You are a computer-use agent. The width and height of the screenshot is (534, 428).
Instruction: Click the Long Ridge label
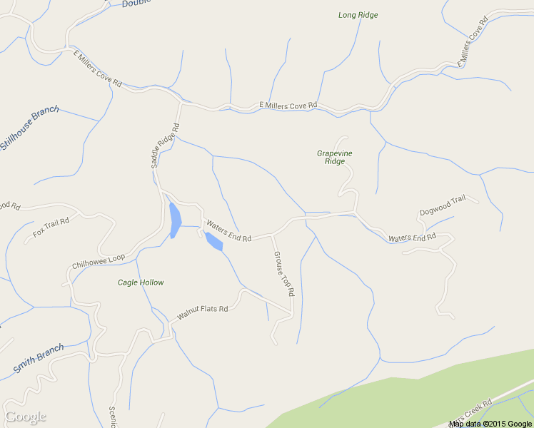tap(358, 15)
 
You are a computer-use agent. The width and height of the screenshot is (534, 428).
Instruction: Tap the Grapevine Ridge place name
tap(334, 157)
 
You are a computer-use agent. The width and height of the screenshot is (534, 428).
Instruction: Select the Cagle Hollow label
tap(141, 282)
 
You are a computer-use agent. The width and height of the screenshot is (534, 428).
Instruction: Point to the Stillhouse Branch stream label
tap(29, 128)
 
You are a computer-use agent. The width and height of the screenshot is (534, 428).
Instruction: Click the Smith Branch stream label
tap(39, 359)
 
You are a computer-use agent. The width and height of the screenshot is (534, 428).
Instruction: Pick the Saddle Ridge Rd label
tap(164, 146)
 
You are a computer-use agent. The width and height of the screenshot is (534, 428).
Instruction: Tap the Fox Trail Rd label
tap(51, 228)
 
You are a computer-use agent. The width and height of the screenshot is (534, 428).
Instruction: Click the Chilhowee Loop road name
tap(99, 261)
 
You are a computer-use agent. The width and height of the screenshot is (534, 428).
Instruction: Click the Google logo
tap(25, 417)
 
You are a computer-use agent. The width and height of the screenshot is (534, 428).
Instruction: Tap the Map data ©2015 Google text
tap(490, 424)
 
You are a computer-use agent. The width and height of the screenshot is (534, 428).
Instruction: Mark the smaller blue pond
tap(213, 243)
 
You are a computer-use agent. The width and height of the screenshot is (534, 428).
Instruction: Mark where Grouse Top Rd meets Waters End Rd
tap(272, 234)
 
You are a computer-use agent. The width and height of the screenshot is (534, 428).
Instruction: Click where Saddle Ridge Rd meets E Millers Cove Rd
tap(181, 103)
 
